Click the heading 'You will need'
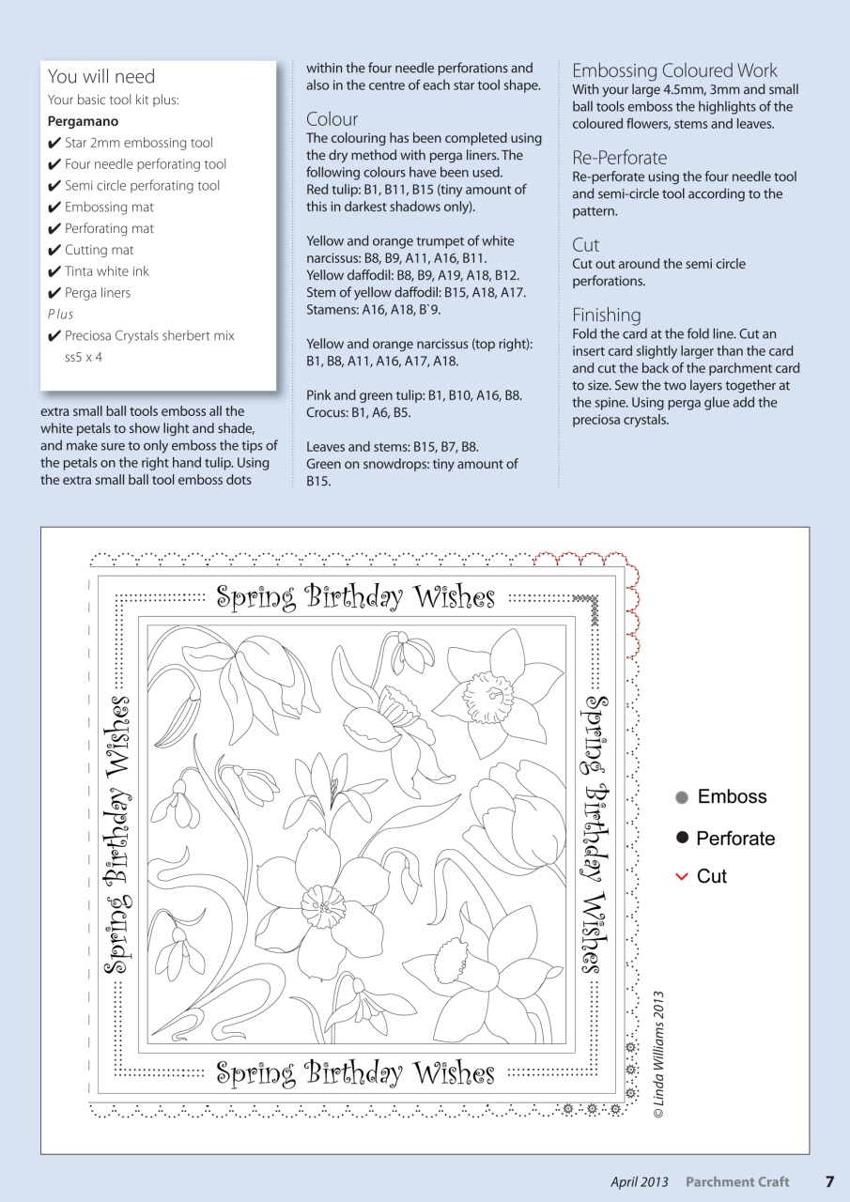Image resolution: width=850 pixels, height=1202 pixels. (100, 77)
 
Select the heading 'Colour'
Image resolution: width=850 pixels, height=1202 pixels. (332, 119)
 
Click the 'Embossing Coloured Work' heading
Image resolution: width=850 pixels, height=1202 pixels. (674, 70)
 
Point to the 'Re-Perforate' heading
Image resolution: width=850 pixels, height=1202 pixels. (619, 158)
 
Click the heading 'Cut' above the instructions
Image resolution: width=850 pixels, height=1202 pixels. (585, 245)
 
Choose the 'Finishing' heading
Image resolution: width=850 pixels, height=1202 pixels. (606, 315)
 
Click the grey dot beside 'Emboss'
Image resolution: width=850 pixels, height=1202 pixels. (682, 797)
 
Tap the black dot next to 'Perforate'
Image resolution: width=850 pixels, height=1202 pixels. (682, 837)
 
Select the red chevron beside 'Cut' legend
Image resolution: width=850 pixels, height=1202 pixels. (682, 876)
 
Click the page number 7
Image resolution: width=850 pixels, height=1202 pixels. (829, 1181)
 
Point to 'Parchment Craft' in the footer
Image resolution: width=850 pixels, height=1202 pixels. (736, 1181)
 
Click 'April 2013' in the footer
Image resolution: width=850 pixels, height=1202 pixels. (639, 1181)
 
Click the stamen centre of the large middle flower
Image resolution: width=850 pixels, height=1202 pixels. (323, 907)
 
